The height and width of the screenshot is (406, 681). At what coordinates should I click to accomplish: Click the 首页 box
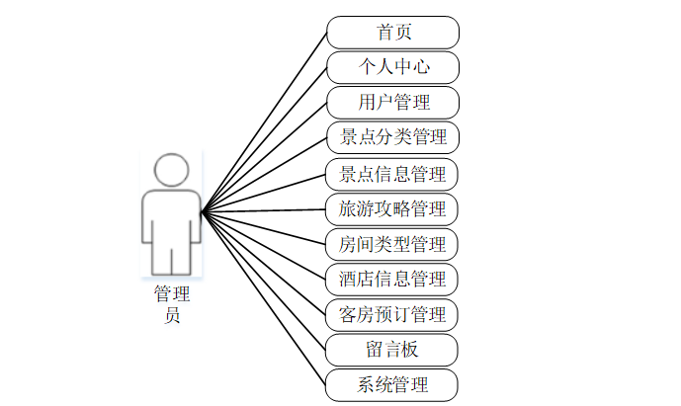coord(393,32)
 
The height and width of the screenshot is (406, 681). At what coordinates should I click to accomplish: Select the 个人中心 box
coord(393,67)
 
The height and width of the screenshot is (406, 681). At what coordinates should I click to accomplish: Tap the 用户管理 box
coord(393,102)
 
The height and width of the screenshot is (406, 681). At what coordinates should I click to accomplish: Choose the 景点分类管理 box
coord(393,137)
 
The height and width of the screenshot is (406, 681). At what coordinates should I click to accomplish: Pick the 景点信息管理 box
coord(393,174)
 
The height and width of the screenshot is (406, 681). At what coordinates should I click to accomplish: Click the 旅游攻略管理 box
coord(393,209)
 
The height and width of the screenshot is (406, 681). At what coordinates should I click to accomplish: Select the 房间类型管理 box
coord(393,244)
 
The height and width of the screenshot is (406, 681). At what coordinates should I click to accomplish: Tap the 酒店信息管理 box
coord(393,280)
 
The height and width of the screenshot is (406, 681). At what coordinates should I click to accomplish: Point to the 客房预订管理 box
coord(393,315)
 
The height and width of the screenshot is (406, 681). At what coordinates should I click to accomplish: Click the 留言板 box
coord(393,350)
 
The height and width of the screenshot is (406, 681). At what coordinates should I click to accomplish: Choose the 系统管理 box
coord(393,384)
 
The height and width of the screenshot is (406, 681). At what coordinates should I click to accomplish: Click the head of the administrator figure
coord(172,170)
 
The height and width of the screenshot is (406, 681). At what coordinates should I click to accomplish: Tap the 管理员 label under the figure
coord(172,304)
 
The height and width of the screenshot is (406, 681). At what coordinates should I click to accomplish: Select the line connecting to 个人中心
coord(265,139)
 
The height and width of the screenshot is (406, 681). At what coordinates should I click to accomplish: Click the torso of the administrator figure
coord(172,222)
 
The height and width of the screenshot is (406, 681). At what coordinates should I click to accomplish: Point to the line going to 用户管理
coord(265,156)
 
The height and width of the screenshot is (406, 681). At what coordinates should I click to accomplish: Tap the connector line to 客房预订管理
coord(265,262)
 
